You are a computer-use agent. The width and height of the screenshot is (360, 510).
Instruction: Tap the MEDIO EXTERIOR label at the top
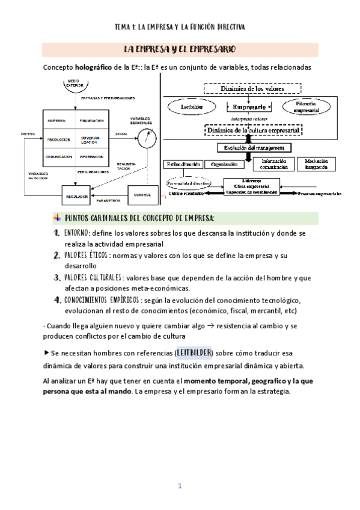pyautogui.click(x=75, y=82)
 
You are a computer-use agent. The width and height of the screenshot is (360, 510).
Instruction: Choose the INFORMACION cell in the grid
pyautogui.click(x=91, y=157)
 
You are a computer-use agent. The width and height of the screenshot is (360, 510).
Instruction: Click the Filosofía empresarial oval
pyautogui.click(x=305, y=108)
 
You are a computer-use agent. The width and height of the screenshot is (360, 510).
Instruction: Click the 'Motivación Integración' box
pyautogui.click(x=316, y=164)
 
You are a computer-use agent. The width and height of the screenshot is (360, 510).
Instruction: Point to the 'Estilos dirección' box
pyautogui.click(x=182, y=164)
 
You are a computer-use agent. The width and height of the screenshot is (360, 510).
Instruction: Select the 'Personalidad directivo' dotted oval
pyautogui.click(x=190, y=182)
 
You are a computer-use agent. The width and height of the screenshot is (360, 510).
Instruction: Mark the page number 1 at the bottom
pyautogui.click(x=179, y=486)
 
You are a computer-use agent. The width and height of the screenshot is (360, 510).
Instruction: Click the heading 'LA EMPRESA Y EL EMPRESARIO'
pyautogui.click(x=179, y=49)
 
